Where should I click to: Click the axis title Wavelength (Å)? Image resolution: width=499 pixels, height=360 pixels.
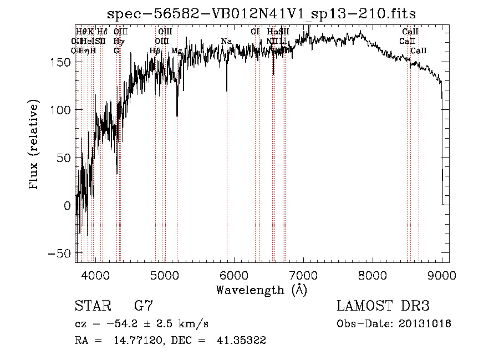pos(261,290)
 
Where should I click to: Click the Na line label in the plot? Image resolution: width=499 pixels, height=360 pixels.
pos(226,42)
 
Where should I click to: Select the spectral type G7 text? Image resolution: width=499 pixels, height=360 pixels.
pos(144,306)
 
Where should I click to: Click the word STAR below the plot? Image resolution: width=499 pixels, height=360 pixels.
pos(92,306)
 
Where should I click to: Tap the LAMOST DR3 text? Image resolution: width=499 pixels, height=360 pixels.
pos(383,306)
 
